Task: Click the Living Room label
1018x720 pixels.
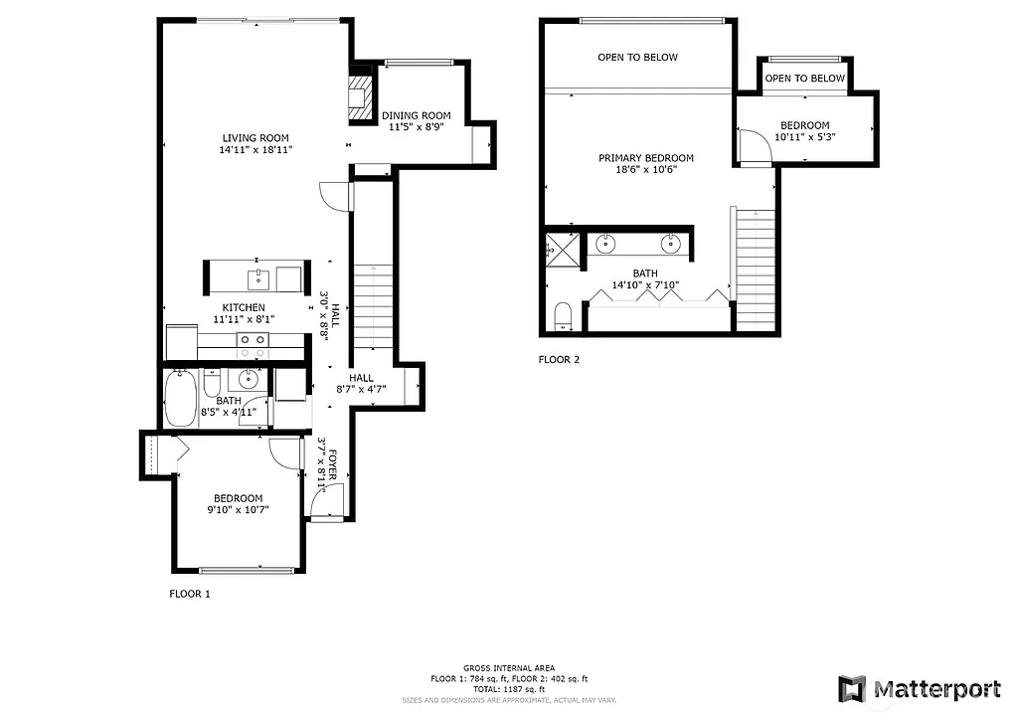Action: (x=255, y=138)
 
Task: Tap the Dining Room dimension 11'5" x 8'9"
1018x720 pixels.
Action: (x=417, y=128)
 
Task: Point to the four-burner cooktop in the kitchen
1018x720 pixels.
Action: (x=252, y=345)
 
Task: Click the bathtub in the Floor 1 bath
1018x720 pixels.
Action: (x=180, y=398)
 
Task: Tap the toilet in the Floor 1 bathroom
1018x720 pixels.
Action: (x=211, y=384)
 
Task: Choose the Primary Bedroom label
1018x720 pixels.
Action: (x=645, y=158)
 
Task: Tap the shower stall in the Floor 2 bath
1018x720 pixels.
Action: (x=565, y=249)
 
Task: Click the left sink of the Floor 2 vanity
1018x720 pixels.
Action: (x=606, y=243)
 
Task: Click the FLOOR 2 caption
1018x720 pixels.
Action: (x=558, y=360)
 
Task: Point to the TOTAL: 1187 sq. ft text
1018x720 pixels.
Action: (x=509, y=689)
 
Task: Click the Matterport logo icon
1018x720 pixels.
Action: (x=852, y=688)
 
